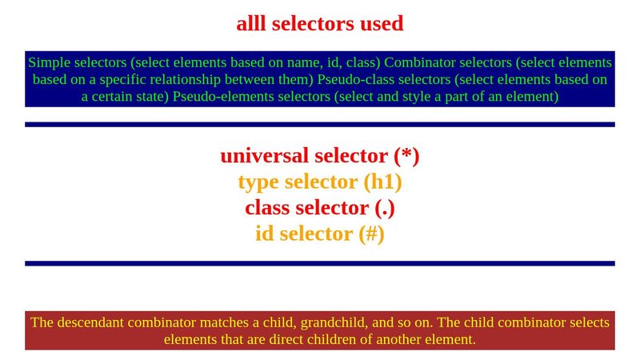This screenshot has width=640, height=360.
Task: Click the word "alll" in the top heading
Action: pyautogui.click(x=251, y=24)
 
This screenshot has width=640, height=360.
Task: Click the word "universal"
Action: pyautogui.click(x=264, y=155)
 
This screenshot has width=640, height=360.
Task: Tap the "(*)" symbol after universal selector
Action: pyautogui.click(x=406, y=155)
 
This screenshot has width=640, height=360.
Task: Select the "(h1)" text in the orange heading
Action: pyautogui.click(x=382, y=182)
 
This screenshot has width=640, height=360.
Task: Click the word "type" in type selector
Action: pyautogui.click(x=257, y=182)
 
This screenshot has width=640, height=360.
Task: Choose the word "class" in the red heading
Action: pyautogui.click(x=267, y=208)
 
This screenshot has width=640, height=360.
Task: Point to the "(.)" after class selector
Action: pyautogui.click(x=385, y=208)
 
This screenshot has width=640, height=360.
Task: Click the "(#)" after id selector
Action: pyautogui.click(x=371, y=234)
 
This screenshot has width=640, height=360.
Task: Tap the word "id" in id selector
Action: pyautogui.click(x=264, y=234)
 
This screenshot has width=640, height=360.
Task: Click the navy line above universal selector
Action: pyautogui.click(x=320, y=125)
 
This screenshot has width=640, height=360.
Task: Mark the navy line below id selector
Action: pyautogui.click(x=320, y=263)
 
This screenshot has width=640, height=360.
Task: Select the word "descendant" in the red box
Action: pyautogui.click(x=96, y=323)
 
